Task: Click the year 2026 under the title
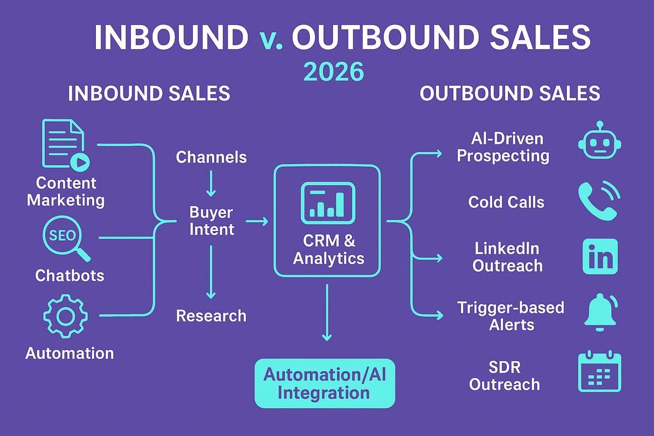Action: [x=326, y=71]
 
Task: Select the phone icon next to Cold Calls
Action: [x=599, y=201]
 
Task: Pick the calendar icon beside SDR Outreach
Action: [x=599, y=373]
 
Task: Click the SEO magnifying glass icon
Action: [x=64, y=239]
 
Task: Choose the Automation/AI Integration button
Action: [x=325, y=384]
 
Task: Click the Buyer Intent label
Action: [x=211, y=221]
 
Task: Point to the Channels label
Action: [x=211, y=158]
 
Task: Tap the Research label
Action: [x=211, y=316]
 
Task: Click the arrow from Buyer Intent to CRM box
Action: [x=257, y=221]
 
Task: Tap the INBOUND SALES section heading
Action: [x=149, y=93]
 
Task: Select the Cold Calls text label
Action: [x=506, y=202]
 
